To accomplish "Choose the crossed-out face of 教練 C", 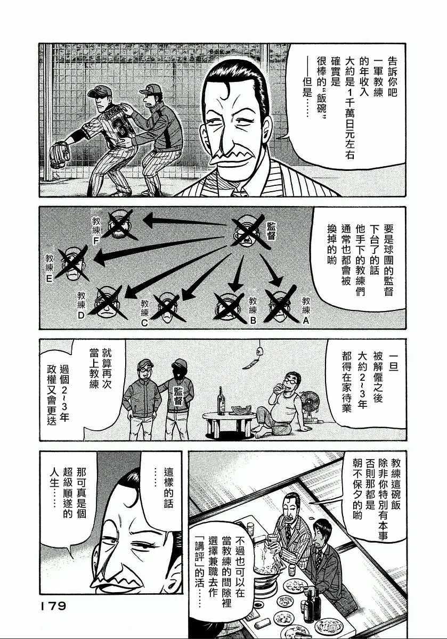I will [x=168, y=308].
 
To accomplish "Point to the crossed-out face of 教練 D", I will [x=109, y=300].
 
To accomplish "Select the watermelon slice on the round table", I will [x=239, y=410].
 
